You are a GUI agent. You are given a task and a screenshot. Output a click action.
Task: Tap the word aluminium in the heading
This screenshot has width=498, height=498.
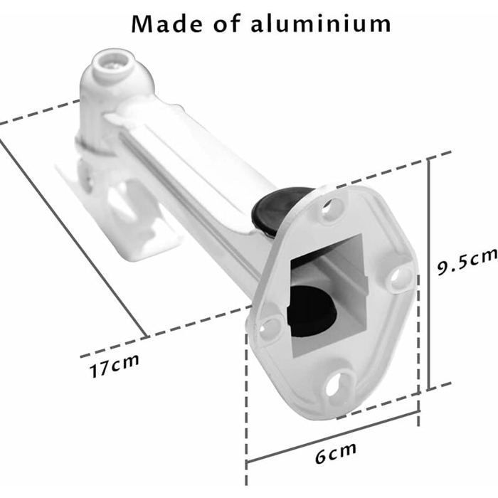[x=320, y=23]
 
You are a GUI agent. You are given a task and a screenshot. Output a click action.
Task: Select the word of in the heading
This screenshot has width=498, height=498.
[x=226, y=23]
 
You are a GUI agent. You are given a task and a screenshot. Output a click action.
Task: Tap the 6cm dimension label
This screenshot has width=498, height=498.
[x=335, y=452]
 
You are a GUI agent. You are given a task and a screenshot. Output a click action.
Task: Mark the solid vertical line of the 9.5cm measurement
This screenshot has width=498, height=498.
[x=428, y=274]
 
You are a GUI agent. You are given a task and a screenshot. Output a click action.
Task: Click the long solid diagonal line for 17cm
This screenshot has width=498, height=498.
[x=71, y=235]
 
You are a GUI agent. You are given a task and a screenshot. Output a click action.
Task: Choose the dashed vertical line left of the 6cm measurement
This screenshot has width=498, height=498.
[x=246, y=398]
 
